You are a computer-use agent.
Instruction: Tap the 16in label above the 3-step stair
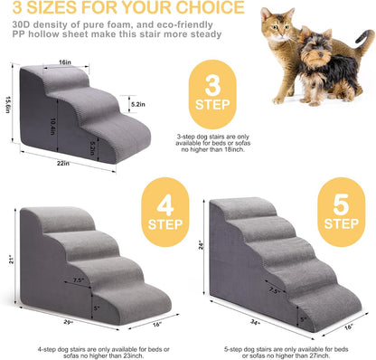pyautogui.click(x=66, y=62)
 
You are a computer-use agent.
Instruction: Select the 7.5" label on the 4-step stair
pyautogui.click(x=80, y=281)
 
